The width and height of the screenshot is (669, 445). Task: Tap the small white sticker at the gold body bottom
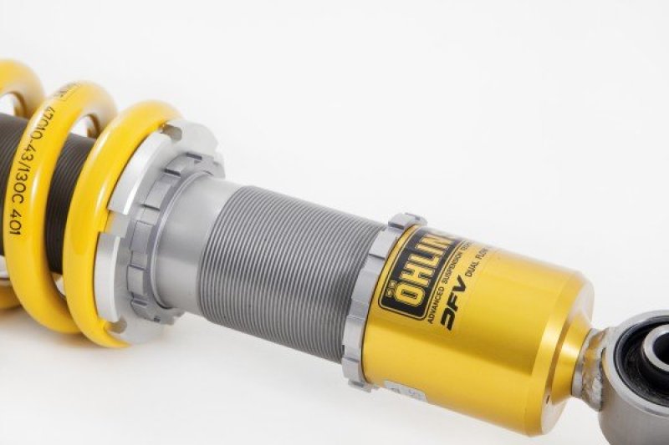click(393, 384)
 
